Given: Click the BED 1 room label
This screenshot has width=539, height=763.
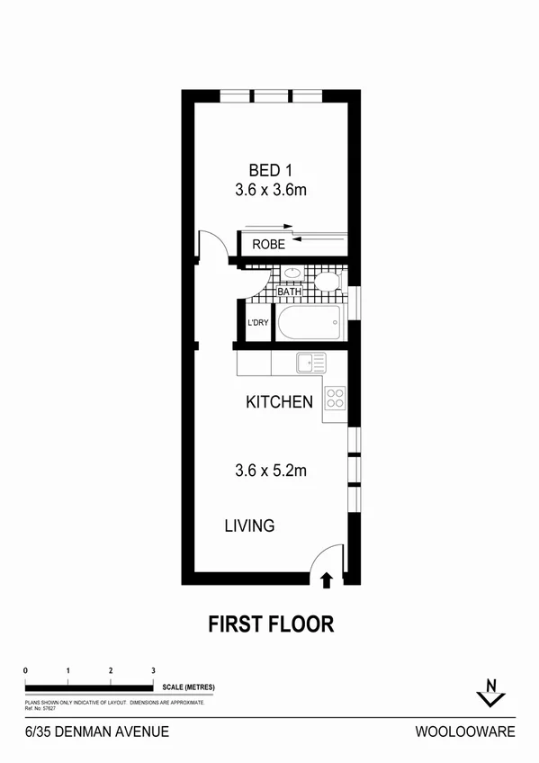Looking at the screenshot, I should coord(271,169).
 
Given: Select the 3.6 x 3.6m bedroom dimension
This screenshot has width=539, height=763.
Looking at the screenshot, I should coord(271,190).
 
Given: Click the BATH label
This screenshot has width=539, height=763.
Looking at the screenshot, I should coord(289,292).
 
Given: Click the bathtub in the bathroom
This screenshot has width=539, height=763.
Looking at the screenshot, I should coord(309,322).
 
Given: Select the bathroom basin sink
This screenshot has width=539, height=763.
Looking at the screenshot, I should coord(292,274).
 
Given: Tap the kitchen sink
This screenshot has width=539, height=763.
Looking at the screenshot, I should coord(310,364).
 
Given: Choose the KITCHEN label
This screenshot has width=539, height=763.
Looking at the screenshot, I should coord(279,402).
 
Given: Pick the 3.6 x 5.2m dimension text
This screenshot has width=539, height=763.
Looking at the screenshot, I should coord(271,470).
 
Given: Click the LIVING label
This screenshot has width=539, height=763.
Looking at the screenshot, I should coord(249,525).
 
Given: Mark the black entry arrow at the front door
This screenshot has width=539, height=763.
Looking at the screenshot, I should coord(326,580).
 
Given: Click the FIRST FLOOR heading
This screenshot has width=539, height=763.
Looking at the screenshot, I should coord(271,623).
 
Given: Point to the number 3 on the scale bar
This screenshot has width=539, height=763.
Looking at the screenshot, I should coord(153,671).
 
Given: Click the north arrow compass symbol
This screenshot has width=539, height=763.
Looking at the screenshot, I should coord(490,690).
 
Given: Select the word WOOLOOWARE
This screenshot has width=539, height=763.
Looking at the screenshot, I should coord(465,732).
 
